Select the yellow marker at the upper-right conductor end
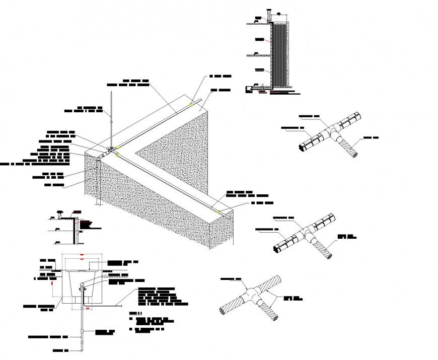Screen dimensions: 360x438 tap(190, 105)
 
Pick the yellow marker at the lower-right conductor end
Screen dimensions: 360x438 tap(218, 212)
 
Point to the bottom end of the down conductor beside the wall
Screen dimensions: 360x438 tap(96, 205)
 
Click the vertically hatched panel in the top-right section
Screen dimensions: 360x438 tap(279, 55)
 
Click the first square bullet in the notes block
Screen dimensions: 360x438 tap(130, 319)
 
